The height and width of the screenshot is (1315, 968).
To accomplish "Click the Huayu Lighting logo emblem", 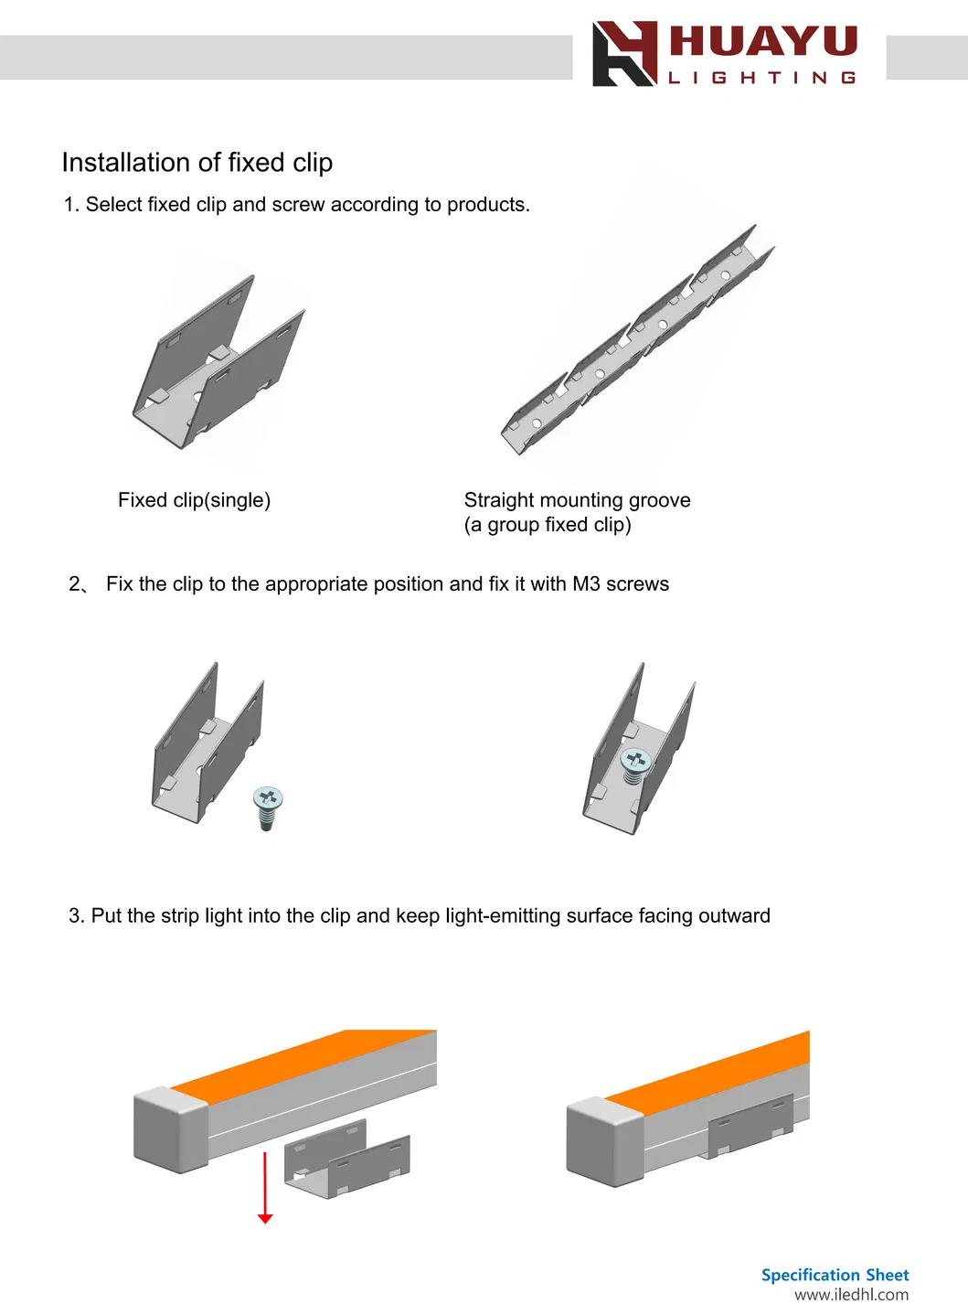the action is (x=624, y=54).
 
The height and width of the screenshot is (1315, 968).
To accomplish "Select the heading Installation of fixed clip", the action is (x=197, y=163).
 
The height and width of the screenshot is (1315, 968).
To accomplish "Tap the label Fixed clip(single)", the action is (x=194, y=500).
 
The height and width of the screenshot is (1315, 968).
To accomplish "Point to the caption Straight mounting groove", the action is (x=578, y=500).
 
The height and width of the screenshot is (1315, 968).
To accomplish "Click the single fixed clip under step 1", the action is (x=218, y=362).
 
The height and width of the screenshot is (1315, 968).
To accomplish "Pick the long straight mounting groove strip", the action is (x=638, y=339).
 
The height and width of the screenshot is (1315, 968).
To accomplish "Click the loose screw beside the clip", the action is (x=268, y=808).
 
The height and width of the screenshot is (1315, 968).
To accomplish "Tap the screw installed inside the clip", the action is (x=634, y=765).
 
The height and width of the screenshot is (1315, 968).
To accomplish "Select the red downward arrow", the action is (x=265, y=1188).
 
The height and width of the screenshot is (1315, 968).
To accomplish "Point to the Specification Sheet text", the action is (x=835, y=1275).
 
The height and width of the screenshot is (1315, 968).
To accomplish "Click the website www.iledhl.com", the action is (x=852, y=1294).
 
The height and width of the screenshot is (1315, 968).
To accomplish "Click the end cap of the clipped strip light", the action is (x=606, y=1141).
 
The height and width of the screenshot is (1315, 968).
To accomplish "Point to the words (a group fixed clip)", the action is (x=548, y=524).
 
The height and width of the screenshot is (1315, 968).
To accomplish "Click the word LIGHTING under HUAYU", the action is (x=762, y=78).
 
